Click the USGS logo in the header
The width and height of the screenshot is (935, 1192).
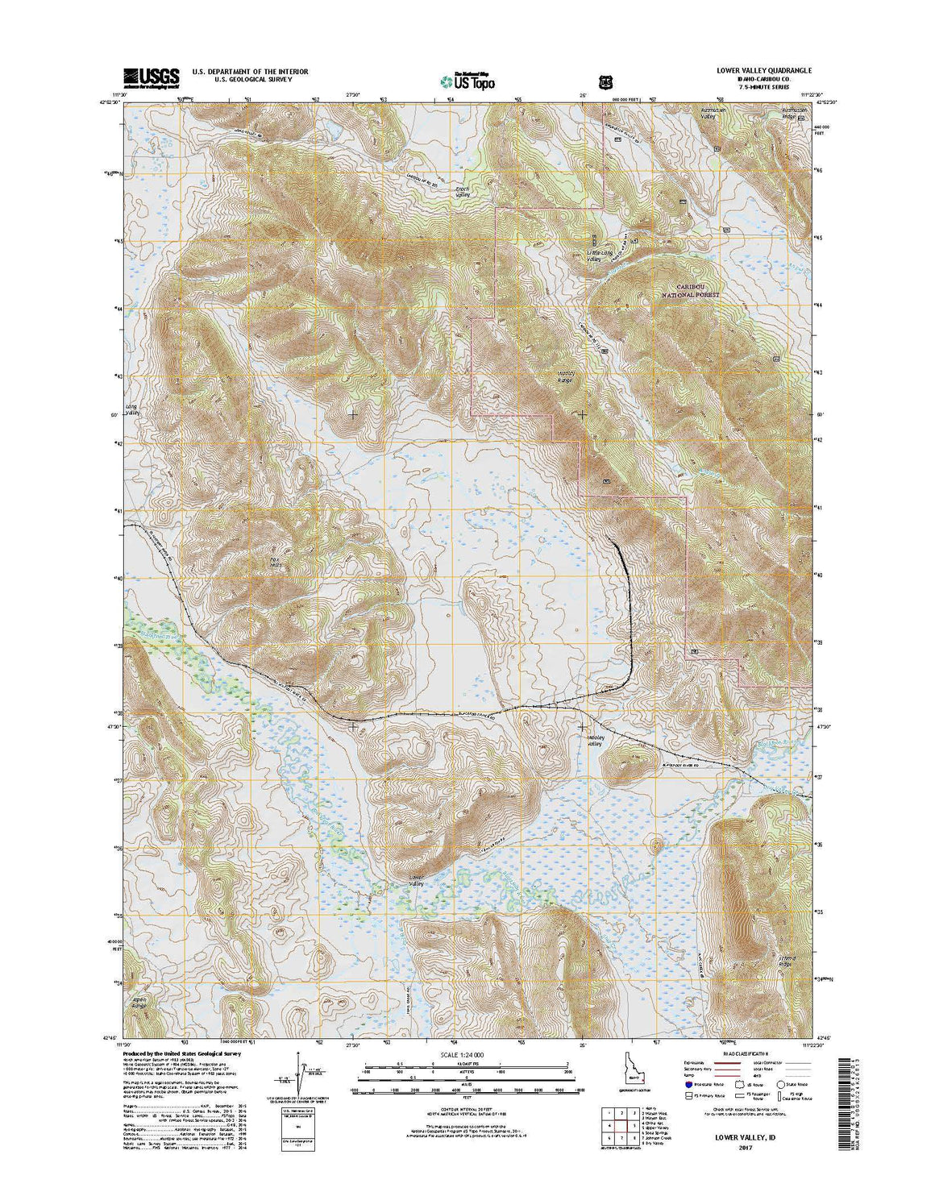[151, 77]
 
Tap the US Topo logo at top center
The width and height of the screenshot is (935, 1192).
[468, 81]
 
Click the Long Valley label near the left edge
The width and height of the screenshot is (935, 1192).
[132, 409]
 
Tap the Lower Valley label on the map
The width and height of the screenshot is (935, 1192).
[416, 880]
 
